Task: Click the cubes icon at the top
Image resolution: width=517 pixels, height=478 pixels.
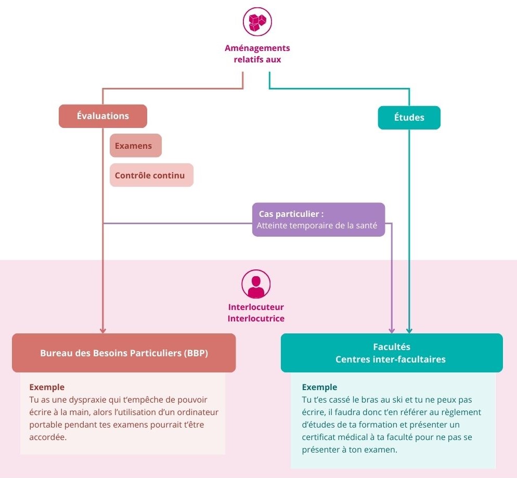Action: point(257,22)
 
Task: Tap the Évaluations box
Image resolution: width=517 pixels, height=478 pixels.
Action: point(103,116)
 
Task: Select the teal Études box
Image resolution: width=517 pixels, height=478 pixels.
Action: point(409,118)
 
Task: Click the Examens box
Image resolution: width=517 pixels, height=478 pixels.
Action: point(135,146)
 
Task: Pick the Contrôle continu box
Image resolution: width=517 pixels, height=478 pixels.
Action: point(151,175)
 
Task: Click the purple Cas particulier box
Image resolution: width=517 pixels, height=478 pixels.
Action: point(318,219)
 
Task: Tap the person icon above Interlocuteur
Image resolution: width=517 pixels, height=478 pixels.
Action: point(256,285)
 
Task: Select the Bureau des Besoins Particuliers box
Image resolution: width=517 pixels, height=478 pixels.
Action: point(124,353)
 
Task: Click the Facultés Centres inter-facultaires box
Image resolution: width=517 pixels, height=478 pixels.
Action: point(391,353)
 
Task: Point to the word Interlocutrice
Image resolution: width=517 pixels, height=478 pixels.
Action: point(256,318)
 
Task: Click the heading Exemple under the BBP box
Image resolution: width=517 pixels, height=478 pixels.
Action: point(47,387)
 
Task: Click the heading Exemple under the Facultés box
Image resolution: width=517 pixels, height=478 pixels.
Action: point(319,387)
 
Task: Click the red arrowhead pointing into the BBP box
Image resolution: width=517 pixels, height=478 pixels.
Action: point(103,330)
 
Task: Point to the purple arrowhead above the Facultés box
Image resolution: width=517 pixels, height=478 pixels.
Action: point(392,330)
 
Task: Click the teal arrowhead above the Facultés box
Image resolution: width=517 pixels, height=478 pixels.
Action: point(409,330)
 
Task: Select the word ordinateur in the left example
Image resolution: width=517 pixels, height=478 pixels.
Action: point(197,412)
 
